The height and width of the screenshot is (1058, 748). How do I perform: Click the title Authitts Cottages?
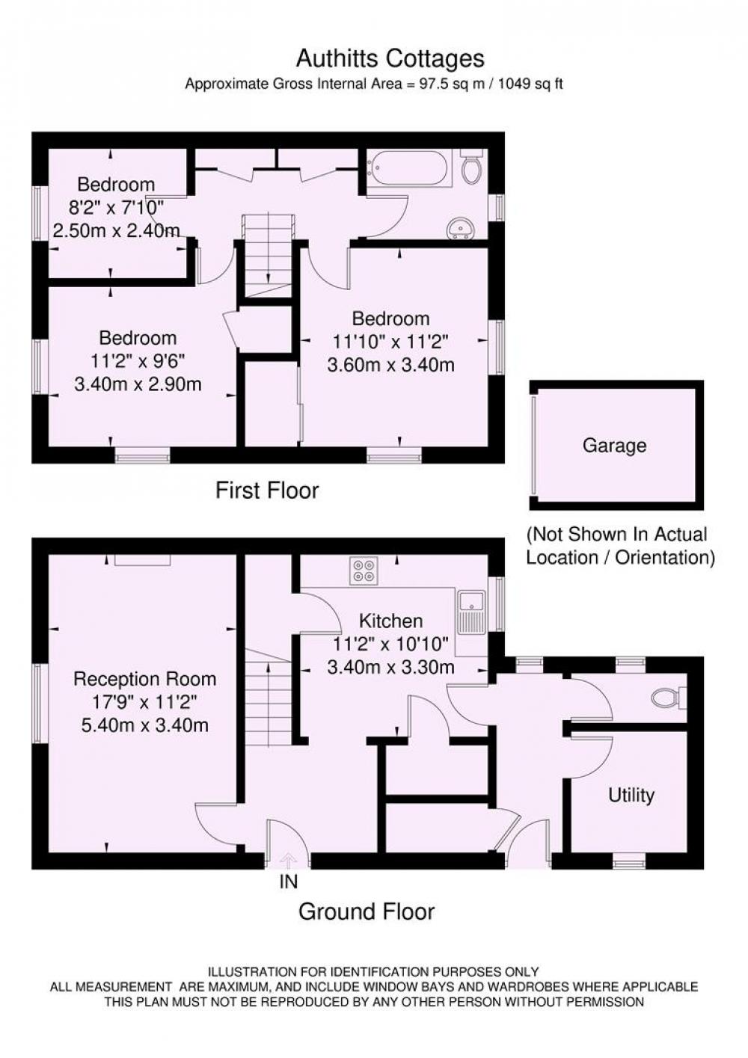point(390,59)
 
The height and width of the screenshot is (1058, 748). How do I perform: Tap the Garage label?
point(614,446)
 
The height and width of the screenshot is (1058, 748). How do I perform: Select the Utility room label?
point(631,796)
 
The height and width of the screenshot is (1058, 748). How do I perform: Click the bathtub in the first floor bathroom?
point(407,168)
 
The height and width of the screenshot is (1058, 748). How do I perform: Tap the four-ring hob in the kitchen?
point(363,570)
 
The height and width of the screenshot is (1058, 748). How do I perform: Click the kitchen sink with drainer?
point(470,611)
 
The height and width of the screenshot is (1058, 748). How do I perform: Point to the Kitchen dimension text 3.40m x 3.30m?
point(390,667)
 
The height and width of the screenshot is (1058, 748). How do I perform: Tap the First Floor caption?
point(267,490)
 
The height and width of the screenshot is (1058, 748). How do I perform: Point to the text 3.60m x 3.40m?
point(390,365)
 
